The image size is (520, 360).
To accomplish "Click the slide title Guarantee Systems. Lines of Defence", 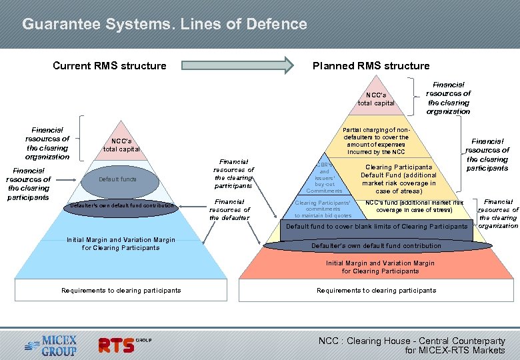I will (x=164, y=25).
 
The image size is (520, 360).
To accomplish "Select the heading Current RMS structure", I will (x=109, y=65).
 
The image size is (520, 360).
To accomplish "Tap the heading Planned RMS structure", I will (x=371, y=65).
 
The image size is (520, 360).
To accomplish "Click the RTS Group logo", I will (x=125, y=344).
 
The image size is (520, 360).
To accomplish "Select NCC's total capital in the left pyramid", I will (x=121, y=145).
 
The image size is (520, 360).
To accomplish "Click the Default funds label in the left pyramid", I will (x=118, y=179).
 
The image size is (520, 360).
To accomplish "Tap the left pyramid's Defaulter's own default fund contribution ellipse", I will (x=121, y=205).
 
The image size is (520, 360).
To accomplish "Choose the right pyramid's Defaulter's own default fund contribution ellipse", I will (x=377, y=245).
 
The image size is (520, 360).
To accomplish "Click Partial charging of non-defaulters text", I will (x=375, y=141).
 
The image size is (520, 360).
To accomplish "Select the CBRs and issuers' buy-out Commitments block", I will (x=324, y=177).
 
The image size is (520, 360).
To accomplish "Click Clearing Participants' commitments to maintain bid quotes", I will (x=323, y=209).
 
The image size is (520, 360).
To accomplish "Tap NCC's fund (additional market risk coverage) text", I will (x=414, y=206).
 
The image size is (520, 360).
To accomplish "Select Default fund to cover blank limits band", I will (x=377, y=227).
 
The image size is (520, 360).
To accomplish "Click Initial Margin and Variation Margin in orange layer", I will (x=380, y=267).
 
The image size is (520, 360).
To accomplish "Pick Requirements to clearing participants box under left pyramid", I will (x=121, y=290).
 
